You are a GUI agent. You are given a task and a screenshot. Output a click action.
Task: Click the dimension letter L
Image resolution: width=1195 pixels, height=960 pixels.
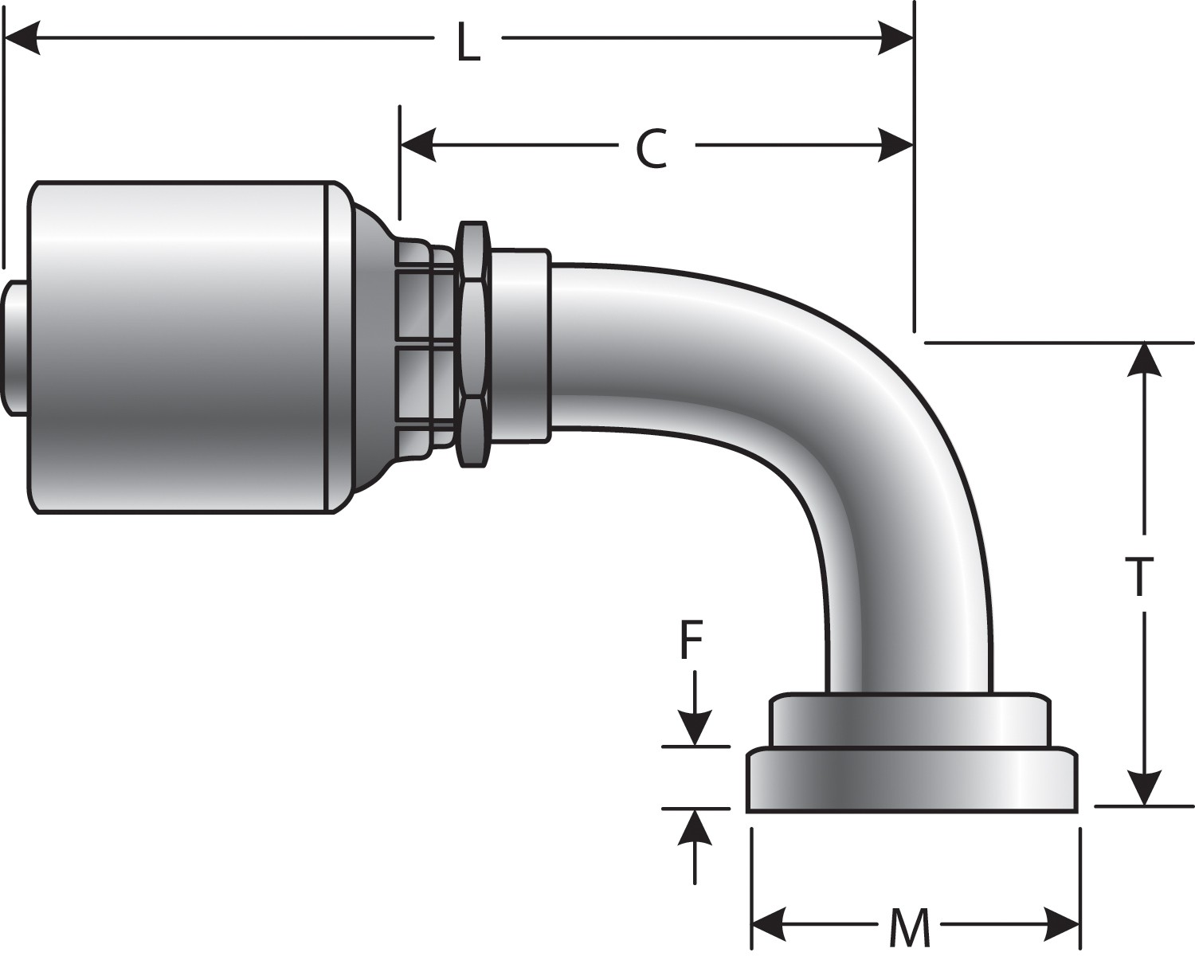tap(468, 45)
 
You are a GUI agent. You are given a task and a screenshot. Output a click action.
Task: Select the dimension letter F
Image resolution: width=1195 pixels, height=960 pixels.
tap(691, 642)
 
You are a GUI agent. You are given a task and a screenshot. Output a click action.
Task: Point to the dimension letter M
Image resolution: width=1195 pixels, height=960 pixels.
tap(909, 927)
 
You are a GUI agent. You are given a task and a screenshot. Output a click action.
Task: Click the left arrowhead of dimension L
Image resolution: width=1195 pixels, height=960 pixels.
tap(22, 38)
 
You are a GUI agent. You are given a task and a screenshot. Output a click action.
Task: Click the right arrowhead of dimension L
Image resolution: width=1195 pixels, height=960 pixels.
tap(895, 38)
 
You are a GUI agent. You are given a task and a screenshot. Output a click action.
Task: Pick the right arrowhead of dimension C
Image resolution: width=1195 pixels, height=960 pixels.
tap(895, 146)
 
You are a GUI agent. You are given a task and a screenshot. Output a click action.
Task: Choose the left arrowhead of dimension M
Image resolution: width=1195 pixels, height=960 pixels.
tap(770, 927)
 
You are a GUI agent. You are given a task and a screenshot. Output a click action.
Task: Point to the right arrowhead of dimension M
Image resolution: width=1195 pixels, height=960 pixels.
tap(1062, 927)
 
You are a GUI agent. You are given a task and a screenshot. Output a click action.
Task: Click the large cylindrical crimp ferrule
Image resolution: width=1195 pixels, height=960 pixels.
tap(179, 347)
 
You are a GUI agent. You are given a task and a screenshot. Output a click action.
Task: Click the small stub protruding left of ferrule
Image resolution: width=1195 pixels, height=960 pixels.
tap(15, 347)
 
